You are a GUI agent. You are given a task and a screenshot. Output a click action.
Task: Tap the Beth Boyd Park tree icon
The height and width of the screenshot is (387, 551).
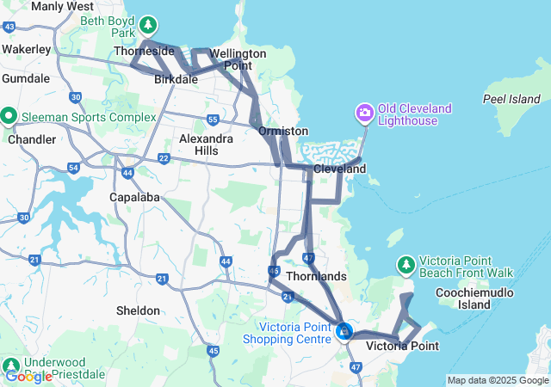coord(149,24)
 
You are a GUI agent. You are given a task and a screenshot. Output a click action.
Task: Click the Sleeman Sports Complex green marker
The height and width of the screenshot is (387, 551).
coord(9,115)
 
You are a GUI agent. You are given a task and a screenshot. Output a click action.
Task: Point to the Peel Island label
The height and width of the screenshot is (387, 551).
coord(511,99)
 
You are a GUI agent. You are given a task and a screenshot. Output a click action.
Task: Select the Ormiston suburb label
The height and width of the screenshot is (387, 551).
coord(283,131)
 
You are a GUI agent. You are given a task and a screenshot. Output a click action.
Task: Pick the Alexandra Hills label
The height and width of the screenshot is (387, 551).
coord(205,144)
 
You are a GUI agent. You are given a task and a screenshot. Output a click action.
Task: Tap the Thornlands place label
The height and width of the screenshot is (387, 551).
coord(316,276)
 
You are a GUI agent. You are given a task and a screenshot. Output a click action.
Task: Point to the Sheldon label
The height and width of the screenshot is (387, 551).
coord(138,310)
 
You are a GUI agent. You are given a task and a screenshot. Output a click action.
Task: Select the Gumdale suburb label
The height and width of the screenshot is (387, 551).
coord(26,78)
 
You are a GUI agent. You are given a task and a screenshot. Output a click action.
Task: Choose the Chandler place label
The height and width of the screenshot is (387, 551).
coord(26,138)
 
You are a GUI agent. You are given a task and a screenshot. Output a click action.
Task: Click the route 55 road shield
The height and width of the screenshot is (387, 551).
coord(213,119)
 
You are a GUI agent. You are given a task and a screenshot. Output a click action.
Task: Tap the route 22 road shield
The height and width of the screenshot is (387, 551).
coord(164,158)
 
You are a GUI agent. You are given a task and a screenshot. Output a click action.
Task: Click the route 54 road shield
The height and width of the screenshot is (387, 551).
coord(73,167)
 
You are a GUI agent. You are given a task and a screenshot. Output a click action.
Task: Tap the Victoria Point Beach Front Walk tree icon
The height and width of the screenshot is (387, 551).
coord(406,263)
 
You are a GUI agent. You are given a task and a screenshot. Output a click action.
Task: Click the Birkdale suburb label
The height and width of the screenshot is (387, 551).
coord(176,79)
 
